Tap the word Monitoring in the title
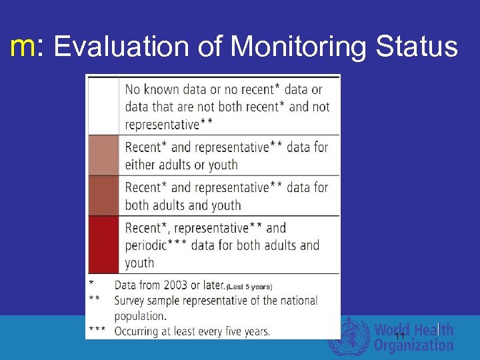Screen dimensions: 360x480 click(299, 47)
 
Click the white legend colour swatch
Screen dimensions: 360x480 click(103, 106)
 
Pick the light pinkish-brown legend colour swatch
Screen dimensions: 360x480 click(103, 155)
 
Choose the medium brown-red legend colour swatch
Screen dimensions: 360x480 click(103, 196)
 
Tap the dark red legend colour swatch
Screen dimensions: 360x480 click(103, 244)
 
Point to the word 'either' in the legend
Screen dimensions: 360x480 click(142, 165)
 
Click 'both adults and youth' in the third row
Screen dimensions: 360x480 click(183, 205)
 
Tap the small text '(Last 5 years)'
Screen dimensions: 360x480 click(249, 287)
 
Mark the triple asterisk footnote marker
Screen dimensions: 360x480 click(96, 331)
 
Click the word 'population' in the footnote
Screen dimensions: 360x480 click(140, 315)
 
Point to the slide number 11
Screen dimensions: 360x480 click(399, 337)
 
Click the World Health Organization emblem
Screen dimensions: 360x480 click(347, 336)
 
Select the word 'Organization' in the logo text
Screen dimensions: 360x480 click(413, 345)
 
